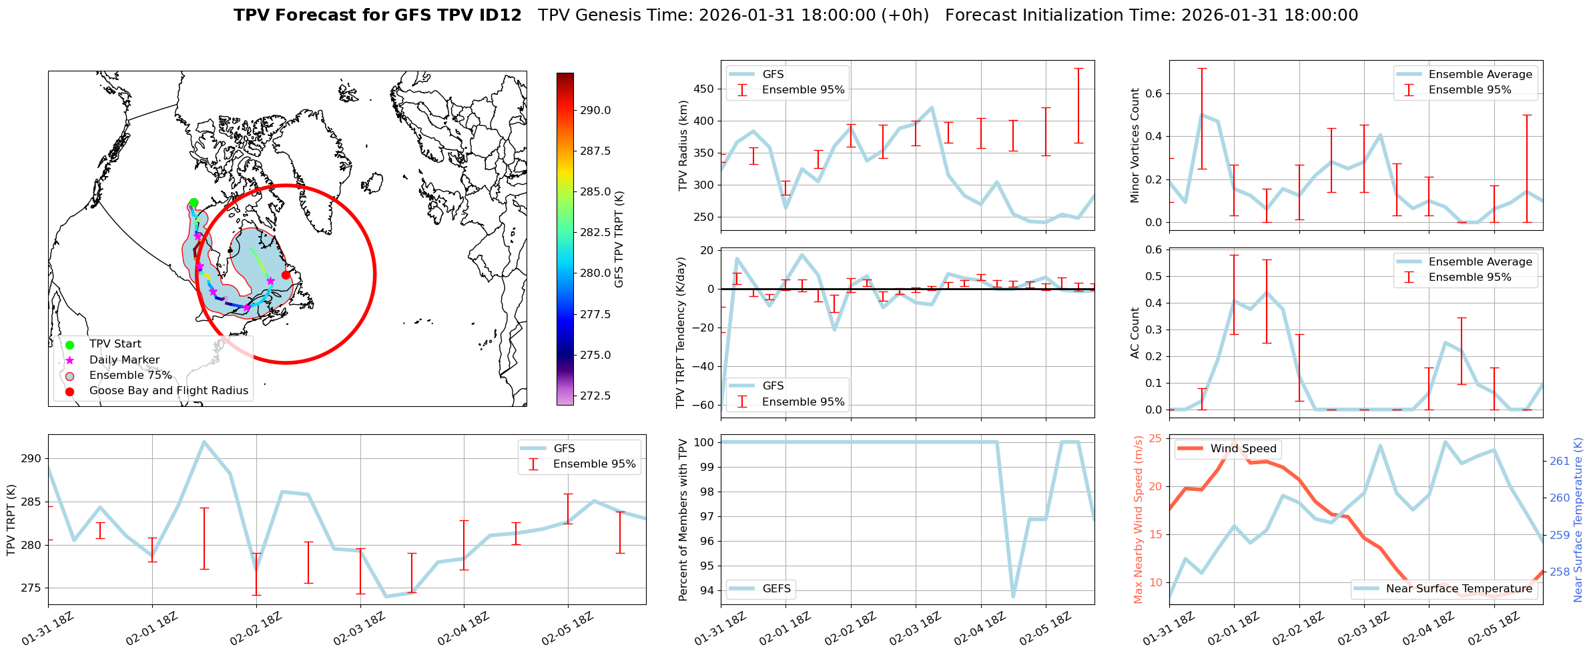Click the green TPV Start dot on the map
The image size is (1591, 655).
click(x=194, y=203)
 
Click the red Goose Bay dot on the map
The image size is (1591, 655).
click(x=286, y=275)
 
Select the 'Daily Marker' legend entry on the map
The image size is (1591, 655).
click(x=124, y=360)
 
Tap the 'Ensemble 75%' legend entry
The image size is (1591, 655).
click(x=130, y=376)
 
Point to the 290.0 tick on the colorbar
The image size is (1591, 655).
click(x=595, y=111)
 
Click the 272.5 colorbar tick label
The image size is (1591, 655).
click(x=595, y=396)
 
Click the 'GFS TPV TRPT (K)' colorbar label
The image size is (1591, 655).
click(x=619, y=239)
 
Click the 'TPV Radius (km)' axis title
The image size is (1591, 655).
click(x=683, y=145)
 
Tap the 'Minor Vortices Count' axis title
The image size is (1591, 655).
click(x=1135, y=145)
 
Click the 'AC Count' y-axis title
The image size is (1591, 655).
click(x=1135, y=333)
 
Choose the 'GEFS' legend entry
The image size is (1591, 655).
click(x=776, y=589)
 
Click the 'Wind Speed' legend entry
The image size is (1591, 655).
click(x=1243, y=449)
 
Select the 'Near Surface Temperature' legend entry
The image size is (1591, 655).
click(x=1459, y=589)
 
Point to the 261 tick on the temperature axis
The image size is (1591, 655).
click(x=1559, y=461)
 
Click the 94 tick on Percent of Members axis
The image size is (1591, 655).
click(x=707, y=590)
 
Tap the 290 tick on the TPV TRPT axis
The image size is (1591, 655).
click(x=31, y=459)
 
